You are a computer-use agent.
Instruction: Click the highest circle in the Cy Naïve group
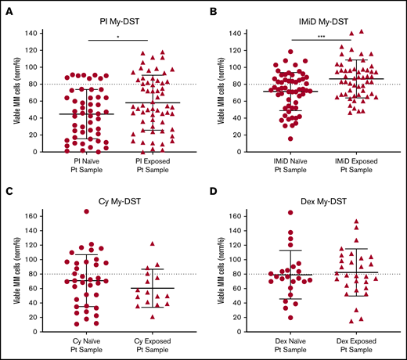point(76,212)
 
